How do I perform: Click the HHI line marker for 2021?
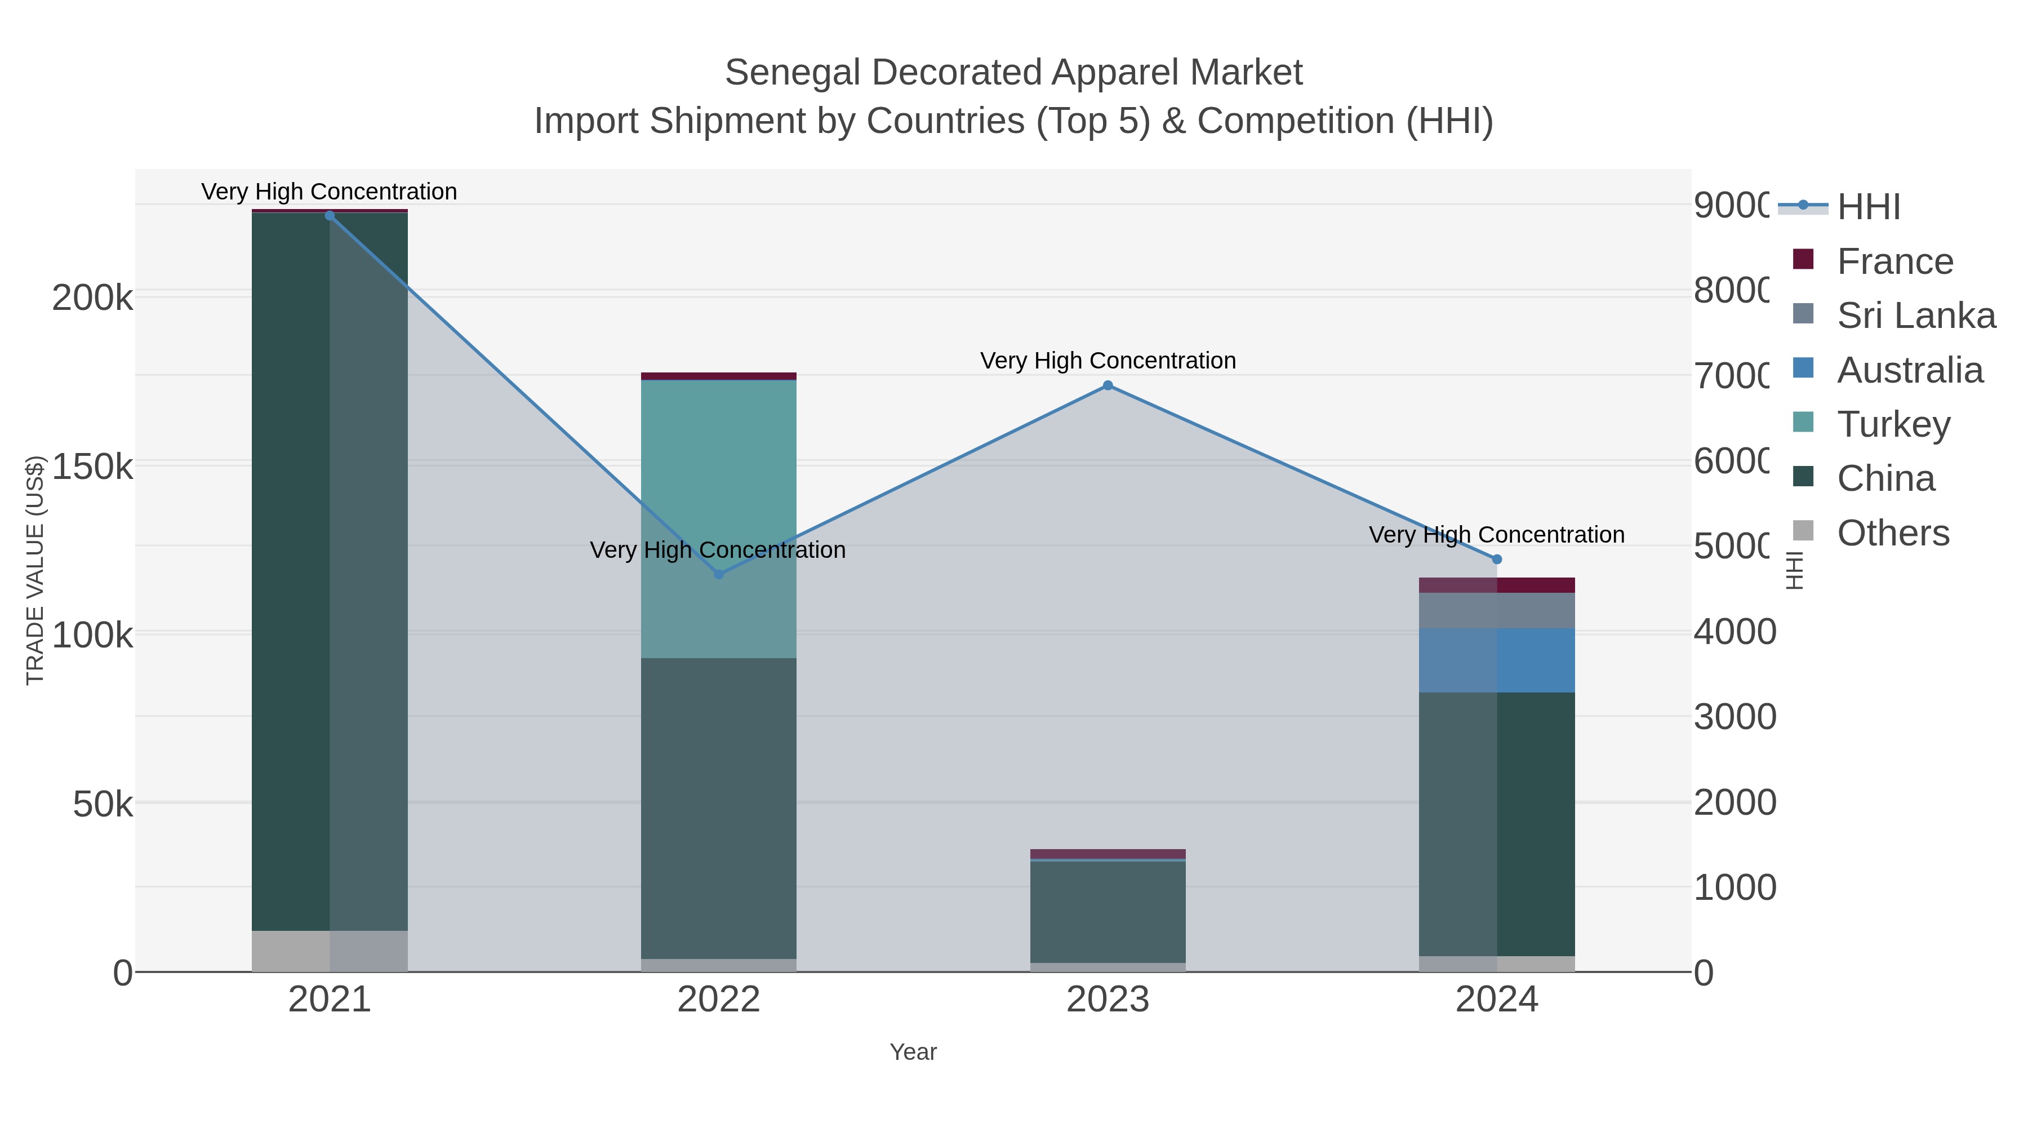(x=330, y=216)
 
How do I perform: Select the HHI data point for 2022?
(x=719, y=574)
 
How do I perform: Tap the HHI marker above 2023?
(x=1108, y=385)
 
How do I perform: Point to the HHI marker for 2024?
(x=1497, y=559)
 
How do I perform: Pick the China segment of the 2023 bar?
(x=1108, y=911)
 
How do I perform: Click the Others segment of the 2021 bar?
(x=330, y=951)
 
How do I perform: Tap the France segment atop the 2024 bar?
(x=1497, y=584)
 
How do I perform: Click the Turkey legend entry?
(x=1893, y=424)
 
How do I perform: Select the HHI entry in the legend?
(x=1868, y=207)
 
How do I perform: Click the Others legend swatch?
(x=1803, y=531)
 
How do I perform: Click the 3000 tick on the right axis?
(x=1735, y=717)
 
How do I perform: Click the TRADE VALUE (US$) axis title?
(x=35, y=570)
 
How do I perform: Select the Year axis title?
(x=913, y=1052)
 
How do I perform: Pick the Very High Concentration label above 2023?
(x=1108, y=361)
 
